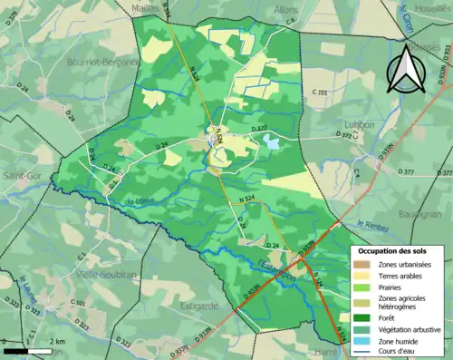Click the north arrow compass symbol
(x=405, y=71)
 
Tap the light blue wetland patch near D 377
(x=272, y=141)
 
